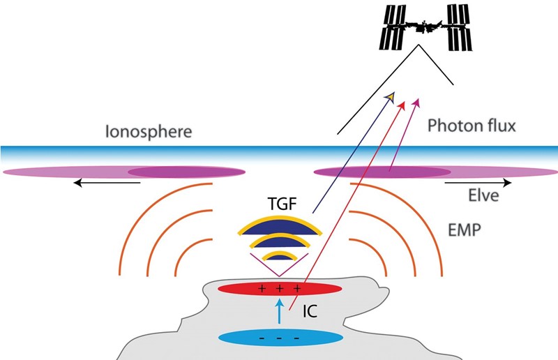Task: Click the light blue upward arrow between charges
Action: (x=280, y=311)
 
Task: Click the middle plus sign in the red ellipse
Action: (x=280, y=288)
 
